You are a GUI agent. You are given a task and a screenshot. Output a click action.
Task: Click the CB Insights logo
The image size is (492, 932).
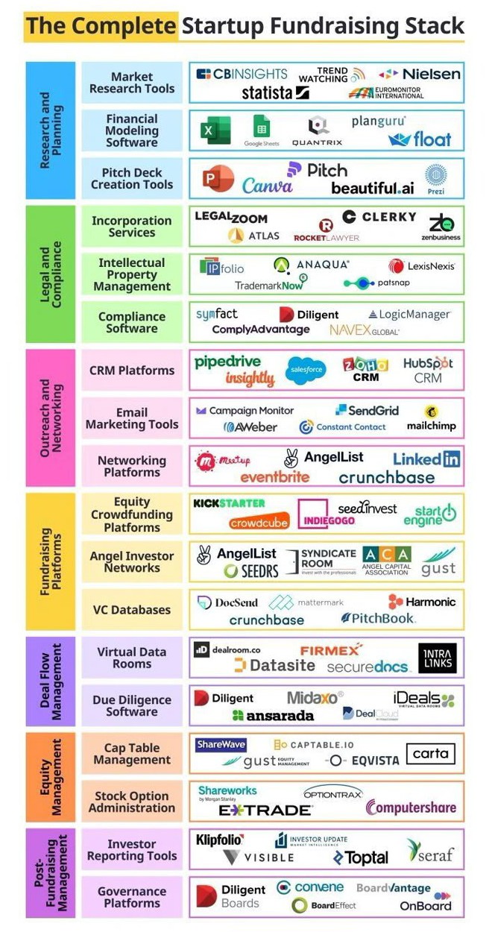pos(242,74)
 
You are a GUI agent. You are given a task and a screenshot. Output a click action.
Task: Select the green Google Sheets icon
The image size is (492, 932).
pos(261,127)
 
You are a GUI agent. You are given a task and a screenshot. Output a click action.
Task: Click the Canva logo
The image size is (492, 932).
pos(267,185)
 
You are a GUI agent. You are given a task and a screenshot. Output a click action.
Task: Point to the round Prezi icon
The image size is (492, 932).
pos(436,176)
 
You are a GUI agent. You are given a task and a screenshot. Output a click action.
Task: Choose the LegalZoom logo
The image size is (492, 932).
pos(231,217)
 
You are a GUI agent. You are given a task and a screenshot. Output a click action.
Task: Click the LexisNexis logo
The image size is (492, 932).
pos(422,265)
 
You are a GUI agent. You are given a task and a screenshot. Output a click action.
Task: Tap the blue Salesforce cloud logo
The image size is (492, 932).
pos(306,370)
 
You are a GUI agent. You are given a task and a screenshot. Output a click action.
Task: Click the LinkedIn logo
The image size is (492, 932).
pos(426,459)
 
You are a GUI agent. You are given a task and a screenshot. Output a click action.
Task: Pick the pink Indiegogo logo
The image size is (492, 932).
pos(327,514)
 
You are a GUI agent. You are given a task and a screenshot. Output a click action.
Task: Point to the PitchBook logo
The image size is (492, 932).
pos(378,617)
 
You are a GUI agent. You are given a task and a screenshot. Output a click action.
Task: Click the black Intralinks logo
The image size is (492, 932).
pos(437,658)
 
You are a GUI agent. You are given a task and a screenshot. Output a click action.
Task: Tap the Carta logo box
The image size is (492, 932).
pos(431,754)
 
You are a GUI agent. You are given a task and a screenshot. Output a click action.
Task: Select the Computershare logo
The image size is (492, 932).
pos(411,807)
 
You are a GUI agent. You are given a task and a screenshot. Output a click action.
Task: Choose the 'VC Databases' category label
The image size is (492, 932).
pos(132,609)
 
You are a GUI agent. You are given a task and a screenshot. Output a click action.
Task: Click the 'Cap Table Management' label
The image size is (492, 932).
pos(132,754)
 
